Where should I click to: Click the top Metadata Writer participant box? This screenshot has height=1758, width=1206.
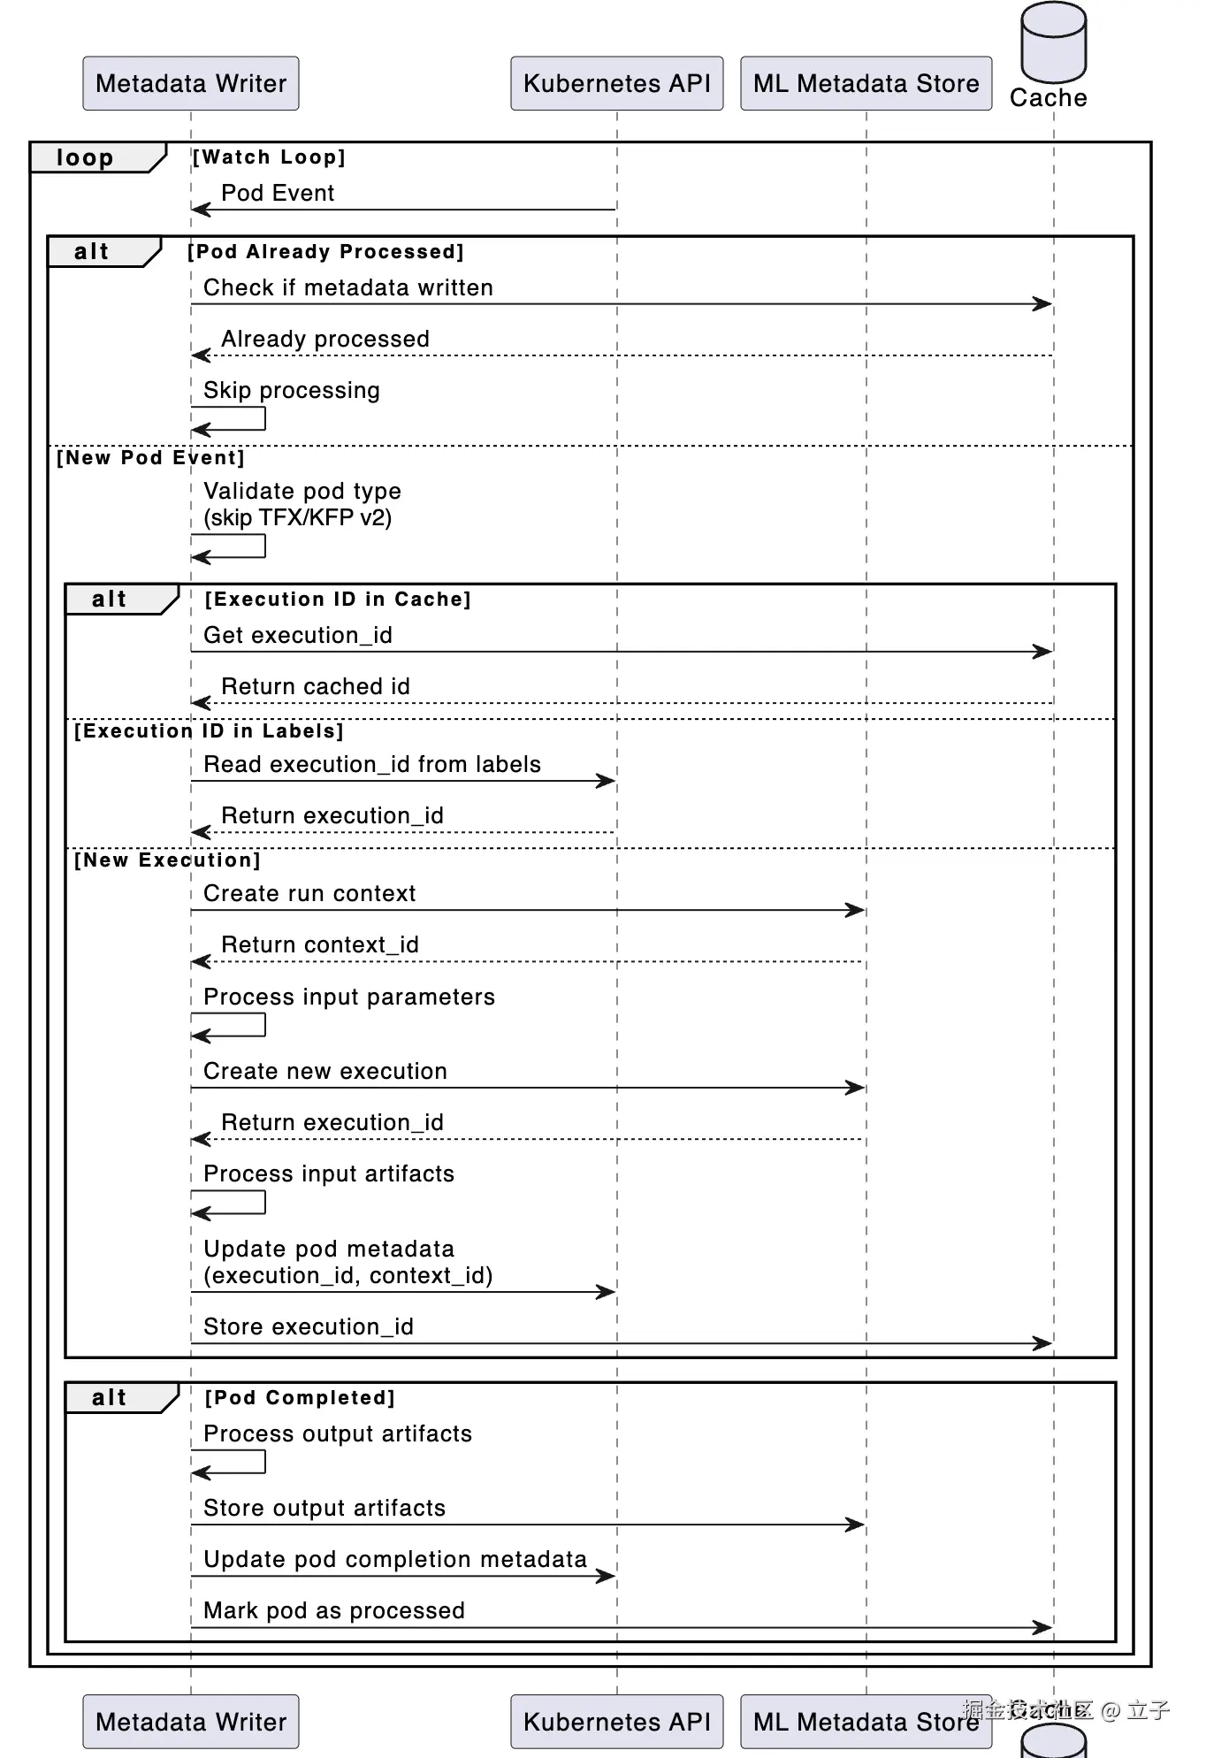click(x=191, y=84)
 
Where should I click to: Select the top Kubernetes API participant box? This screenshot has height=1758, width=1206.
click(x=616, y=84)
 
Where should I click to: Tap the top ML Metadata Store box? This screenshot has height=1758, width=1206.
click(x=866, y=84)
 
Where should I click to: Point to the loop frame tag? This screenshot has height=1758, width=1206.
click(x=86, y=158)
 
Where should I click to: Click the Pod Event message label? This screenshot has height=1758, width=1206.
click(x=278, y=194)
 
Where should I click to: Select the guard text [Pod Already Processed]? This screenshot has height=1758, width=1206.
click(x=325, y=252)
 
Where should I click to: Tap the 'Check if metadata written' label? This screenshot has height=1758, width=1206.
click(x=348, y=288)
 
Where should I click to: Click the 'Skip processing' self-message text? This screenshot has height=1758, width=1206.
click(x=292, y=391)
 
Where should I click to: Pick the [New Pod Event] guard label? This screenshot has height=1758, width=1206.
click(x=150, y=458)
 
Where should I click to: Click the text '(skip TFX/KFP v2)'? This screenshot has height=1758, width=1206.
click(x=298, y=518)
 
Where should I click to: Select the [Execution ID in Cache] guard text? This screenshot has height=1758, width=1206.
click(x=338, y=600)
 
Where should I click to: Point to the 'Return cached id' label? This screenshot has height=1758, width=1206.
click(x=316, y=687)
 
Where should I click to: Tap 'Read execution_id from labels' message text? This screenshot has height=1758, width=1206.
click(x=372, y=765)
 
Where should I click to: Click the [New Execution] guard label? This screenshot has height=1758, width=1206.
click(x=167, y=860)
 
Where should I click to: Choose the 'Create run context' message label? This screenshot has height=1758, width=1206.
click(x=309, y=894)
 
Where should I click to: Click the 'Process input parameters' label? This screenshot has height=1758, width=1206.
click(x=349, y=997)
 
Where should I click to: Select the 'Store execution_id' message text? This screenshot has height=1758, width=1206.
click(x=309, y=1327)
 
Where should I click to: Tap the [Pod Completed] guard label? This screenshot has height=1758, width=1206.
click(x=300, y=1398)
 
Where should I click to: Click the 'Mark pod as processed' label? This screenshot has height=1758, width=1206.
click(x=334, y=1611)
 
